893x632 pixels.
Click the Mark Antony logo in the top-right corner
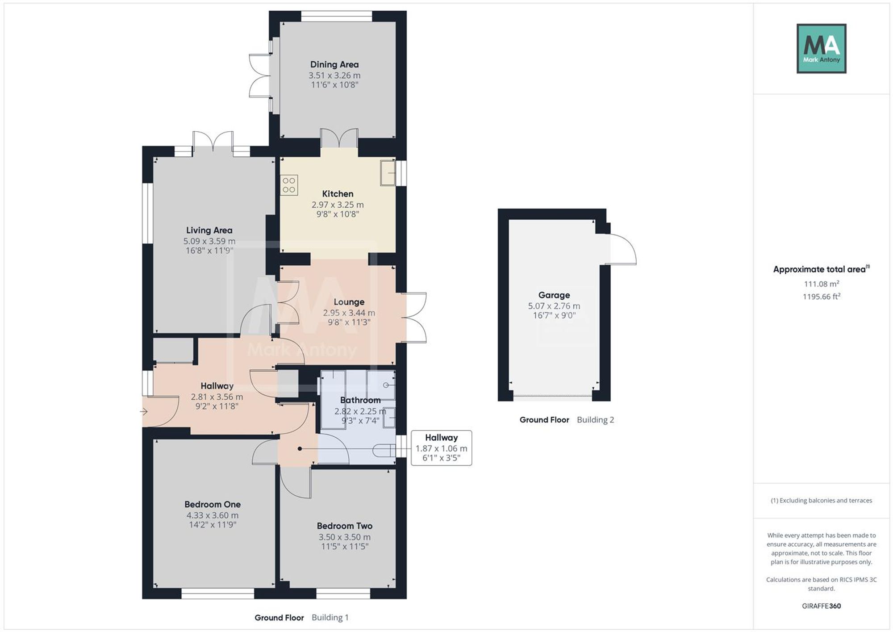[822, 49]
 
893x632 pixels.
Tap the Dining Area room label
[334, 64]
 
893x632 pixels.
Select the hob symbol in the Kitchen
[289, 185]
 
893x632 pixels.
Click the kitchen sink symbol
[388, 172]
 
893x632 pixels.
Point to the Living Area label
[209, 230]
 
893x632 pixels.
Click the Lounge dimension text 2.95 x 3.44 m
[349, 313]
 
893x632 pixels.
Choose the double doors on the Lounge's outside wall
[414, 318]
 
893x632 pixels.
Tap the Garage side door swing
[622, 249]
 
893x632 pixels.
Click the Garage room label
[554, 295]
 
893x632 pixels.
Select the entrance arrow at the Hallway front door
[144, 411]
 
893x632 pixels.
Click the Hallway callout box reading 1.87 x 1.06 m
[441, 448]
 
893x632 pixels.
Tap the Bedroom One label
[213, 504]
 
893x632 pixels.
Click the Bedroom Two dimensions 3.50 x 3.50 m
[344, 537]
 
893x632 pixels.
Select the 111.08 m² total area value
[822, 284]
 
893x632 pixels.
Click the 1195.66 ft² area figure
[822, 296]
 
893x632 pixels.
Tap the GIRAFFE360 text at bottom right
[822, 606]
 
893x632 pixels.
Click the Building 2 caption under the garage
[595, 419]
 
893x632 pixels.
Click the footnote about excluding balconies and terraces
[822, 500]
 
